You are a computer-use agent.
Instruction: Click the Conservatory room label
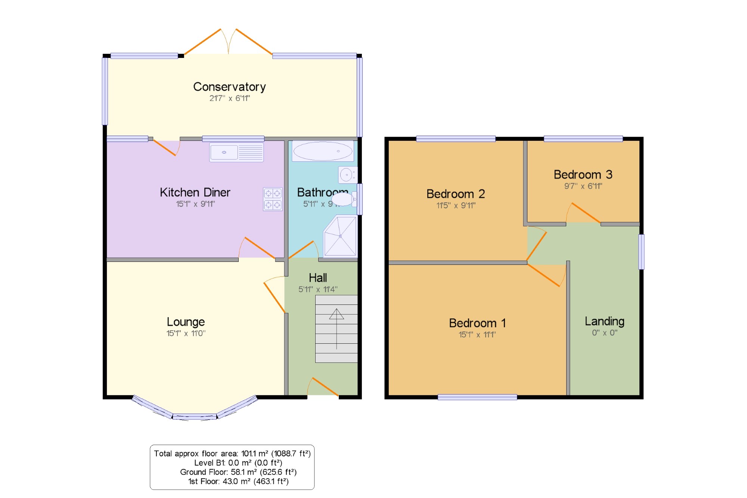[229, 87]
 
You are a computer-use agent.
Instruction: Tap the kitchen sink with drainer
[236, 152]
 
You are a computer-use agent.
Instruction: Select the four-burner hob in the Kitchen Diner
[273, 199]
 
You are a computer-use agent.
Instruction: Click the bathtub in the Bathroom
[323, 151]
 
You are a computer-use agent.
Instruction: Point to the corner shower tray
[340, 236]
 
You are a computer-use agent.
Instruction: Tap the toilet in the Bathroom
[344, 199]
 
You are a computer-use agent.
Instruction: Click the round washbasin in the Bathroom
[347, 175]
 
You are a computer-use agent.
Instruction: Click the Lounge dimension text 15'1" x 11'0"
[186, 333]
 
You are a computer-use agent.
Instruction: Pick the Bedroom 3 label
[583, 174]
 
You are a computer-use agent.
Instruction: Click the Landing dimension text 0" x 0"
[604, 332]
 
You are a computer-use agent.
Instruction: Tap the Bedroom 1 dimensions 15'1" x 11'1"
[477, 335]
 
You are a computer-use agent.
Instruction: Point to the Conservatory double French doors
[228, 42]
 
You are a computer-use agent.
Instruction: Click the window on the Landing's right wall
[641, 251]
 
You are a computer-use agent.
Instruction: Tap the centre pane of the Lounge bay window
[194, 417]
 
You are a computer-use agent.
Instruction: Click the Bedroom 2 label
[455, 194]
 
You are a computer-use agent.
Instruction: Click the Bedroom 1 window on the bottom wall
[477, 397]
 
